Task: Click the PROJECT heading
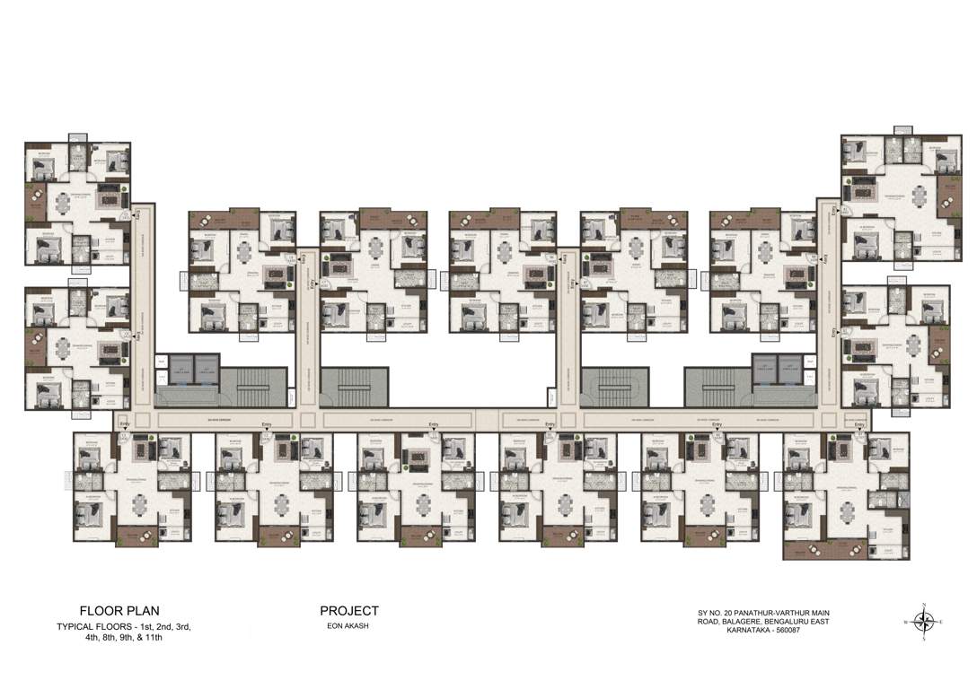pyautogui.click(x=349, y=611)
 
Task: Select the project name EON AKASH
pyautogui.click(x=349, y=626)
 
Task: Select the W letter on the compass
pyautogui.click(x=905, y=621)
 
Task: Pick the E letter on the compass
pyautogui.click(x=942, y=621)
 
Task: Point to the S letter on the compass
pyautogui.click(x=925, y=641)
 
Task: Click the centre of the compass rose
pyautogui.click(x=925, y=621)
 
